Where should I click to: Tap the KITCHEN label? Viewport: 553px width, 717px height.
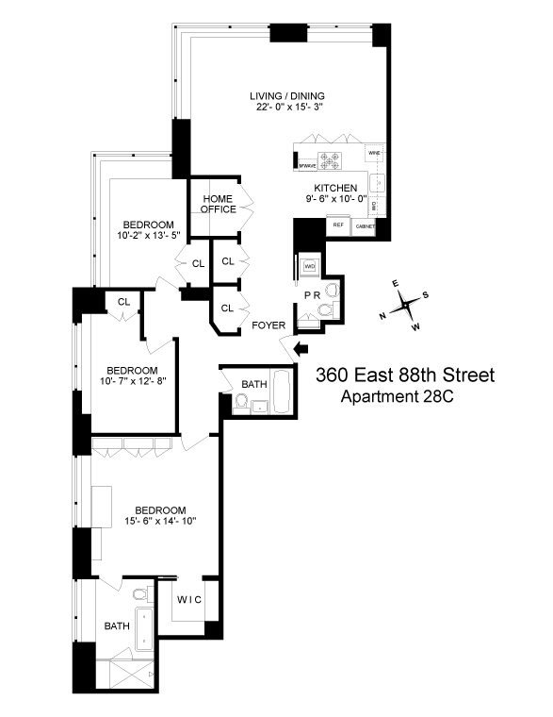pyautogui.click(x=336, y=188)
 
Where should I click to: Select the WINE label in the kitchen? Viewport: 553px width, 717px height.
pyautogui.click(x=374, y=152)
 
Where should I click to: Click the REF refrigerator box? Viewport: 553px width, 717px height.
pyautogui.click(x=336, y=225)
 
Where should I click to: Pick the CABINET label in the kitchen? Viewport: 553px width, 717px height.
pyautogui.click(x=365, y=226)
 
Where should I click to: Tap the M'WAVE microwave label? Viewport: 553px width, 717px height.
pyautogui.click(x=305, y=166)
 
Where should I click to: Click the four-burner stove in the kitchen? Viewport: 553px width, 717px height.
pyautogui.click(x=332, y=159)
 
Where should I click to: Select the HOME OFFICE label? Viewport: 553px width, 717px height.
pyautogui.click(x=218, y=203)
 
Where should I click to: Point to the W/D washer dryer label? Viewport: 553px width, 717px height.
pyautogui.click(x=309, y=267)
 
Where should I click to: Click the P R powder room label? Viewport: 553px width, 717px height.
pyautogui.click(x=312, y=295)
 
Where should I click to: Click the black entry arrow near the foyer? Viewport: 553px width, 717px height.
pyautogui.click(x=302, y=350)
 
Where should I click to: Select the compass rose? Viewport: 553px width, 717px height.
pyautogui.click(x=405, y=305)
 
